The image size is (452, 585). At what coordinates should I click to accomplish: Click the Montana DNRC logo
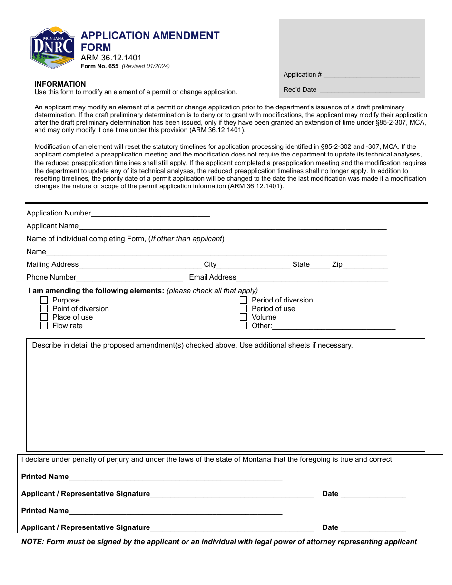(53, 48)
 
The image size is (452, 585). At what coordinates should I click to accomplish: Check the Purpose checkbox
(44, 300)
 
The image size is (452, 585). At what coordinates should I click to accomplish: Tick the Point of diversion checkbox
(44, 309)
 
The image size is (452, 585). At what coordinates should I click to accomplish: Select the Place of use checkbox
(44, 317)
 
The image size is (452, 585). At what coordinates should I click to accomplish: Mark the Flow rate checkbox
(44, 326)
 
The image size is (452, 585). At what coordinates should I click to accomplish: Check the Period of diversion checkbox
(244, 300)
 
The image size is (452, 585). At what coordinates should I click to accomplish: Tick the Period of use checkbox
(244, 309)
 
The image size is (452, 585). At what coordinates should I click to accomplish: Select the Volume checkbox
(244, 317)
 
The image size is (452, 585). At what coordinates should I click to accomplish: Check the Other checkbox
(244, 326)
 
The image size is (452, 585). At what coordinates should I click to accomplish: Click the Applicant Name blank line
(232, 226)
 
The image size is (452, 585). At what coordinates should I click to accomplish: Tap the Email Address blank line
(312, 278)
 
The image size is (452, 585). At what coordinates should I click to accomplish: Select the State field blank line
(320, 265)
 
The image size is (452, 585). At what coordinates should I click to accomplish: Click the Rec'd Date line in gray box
(370, 90)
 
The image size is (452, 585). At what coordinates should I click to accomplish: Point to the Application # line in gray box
(371, 75)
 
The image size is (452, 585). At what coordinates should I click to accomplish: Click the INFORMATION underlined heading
(60, 84)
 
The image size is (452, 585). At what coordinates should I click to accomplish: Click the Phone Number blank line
(129, 278)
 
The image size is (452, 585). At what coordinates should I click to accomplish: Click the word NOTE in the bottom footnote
(32, 542)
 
